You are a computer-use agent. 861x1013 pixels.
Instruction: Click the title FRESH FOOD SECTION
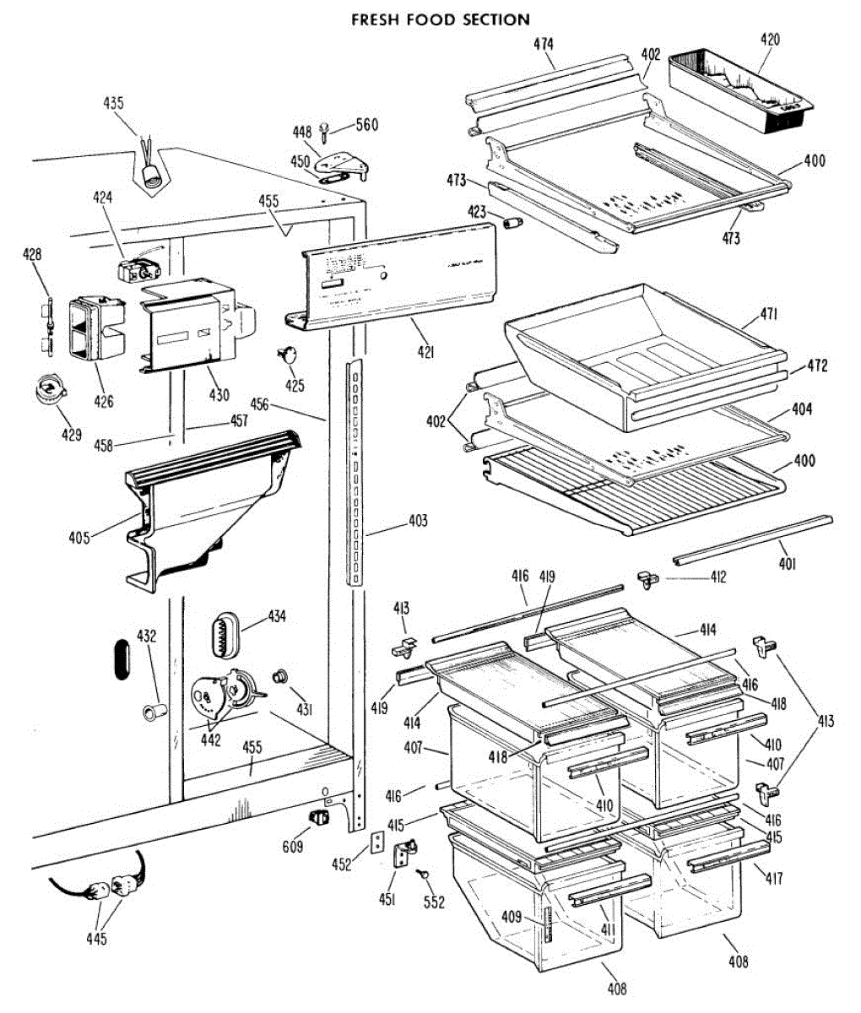(441, 19)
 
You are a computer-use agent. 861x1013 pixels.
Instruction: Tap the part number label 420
(769, 39)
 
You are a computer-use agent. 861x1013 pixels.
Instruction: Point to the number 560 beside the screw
(366, 125)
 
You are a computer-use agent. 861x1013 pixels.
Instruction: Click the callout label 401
(787, 564)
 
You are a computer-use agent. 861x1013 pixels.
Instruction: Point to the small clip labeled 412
(647, 577)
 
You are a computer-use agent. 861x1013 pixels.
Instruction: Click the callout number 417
(773, 879)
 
